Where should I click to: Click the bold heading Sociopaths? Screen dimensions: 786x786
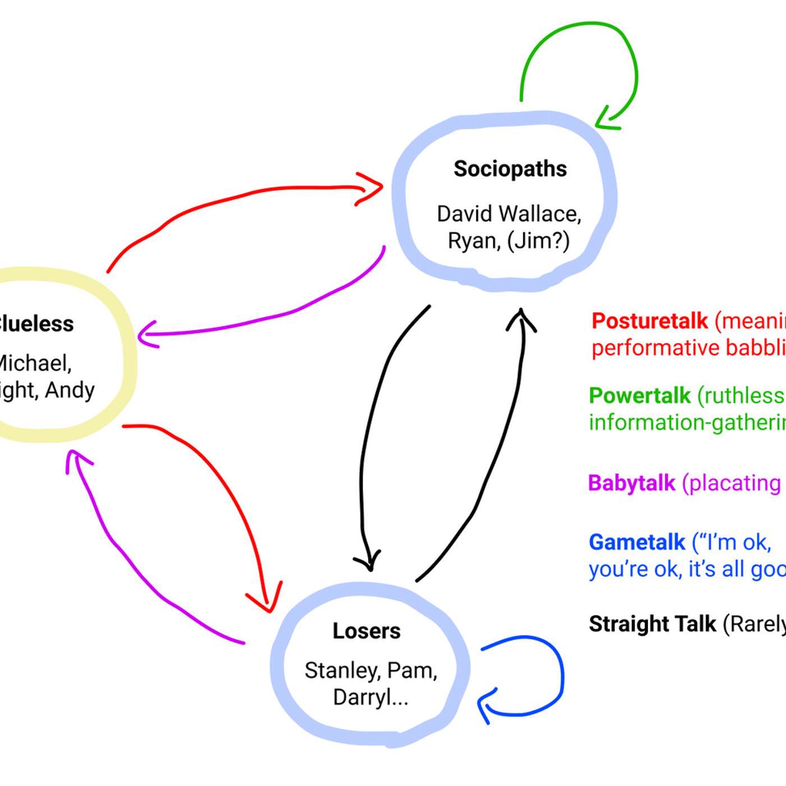click(510, 169)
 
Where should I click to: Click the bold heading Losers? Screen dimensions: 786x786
click(366, 631)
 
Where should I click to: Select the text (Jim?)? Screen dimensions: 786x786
click(538, 241)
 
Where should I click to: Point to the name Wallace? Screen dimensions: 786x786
click(540, 214)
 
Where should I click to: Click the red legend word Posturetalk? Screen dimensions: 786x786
click(650, 321)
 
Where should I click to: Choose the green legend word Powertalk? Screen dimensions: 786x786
click(639, 396)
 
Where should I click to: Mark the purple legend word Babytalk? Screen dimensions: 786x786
click(632, 483)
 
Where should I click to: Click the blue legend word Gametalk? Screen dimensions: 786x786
click(637, 542)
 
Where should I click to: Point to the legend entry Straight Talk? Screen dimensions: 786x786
click(652, 624)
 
